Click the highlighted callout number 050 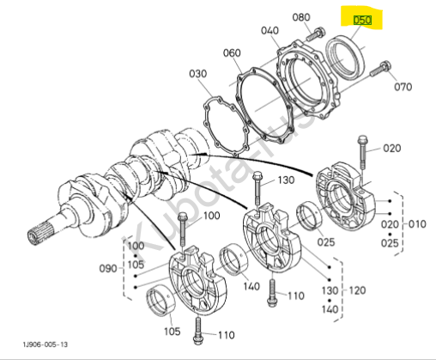[x=362, y=20]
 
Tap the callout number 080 [x=301, y=17]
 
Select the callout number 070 [x=403, y=87]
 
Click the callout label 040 [x=269, y=30]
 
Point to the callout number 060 [x=232, y=52]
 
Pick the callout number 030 [x=198, y=74]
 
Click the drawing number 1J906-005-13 [x=45, y=345]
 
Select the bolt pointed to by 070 [x=380, y=69]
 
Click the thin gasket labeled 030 [x=207, y=114]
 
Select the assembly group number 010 [x=417, y=224]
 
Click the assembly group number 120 [x=357, y=290]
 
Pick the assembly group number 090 [x=108, y=269]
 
